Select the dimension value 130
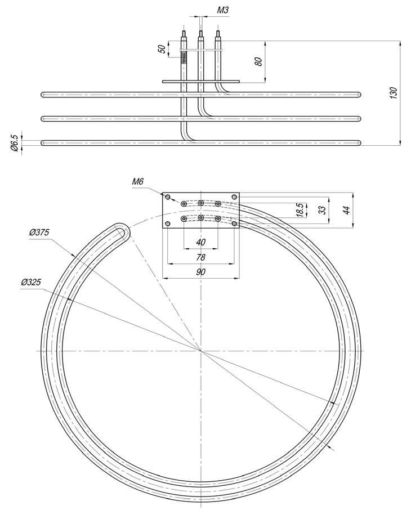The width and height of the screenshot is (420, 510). click(x=394, y=92)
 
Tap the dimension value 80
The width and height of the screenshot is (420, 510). click(x=258, y=61)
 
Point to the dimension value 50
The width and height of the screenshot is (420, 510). click(x=162, y=49)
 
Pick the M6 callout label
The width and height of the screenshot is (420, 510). click(x=138, y=181)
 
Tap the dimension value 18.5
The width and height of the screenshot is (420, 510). click(x=301, y=210)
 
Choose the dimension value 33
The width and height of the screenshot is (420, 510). click(x=323, y=209)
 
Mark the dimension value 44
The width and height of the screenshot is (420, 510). click(x=347, y=209)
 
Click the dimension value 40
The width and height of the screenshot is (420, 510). click(x=200, y=242)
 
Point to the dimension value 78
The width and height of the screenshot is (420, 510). click(x=200, y=257)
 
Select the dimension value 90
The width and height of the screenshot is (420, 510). click(x=200, y=272)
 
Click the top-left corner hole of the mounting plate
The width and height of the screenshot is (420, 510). click(x=168, y=196)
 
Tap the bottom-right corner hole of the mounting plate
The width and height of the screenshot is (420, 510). click(x=234, y=223)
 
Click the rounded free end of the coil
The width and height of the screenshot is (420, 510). click(x=122, y=231)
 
